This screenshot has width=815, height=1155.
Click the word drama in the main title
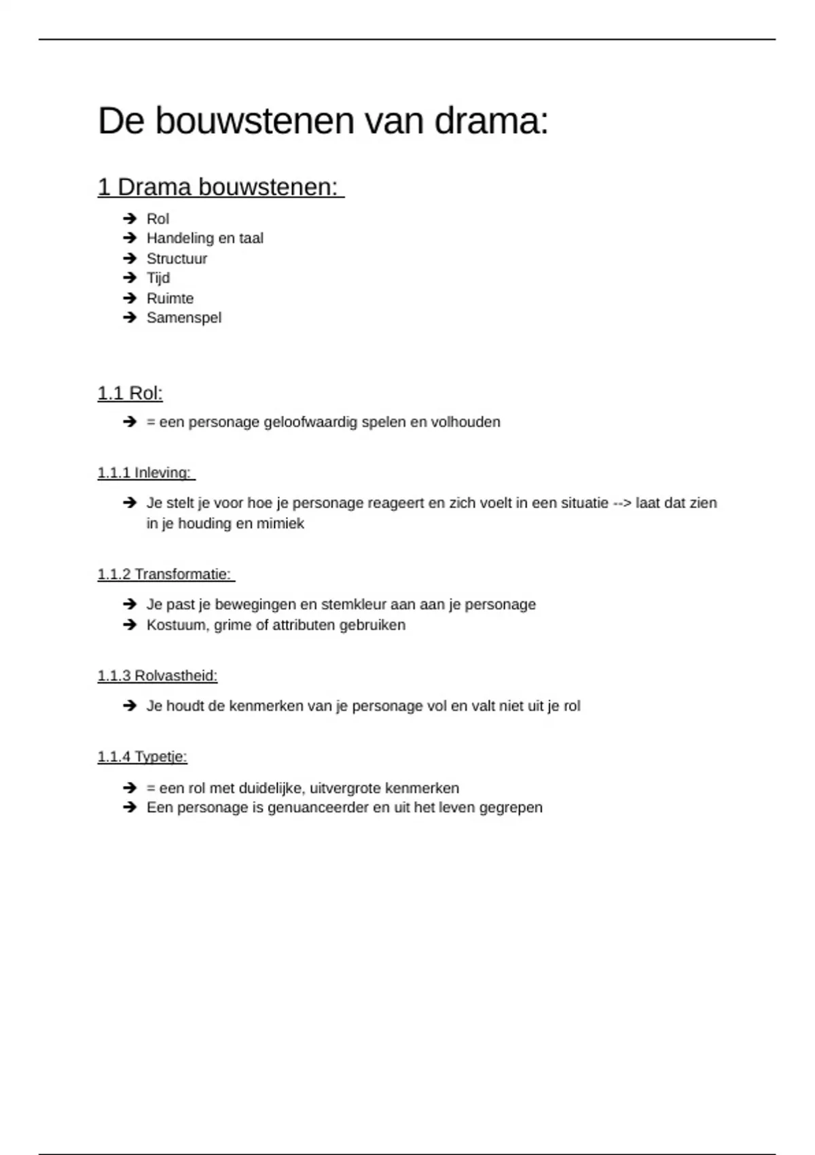pos(490,122)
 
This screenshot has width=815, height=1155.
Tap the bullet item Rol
pos(158,219)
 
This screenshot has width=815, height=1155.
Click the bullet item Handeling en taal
pos(204,238)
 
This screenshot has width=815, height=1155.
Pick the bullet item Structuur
pos(177,259)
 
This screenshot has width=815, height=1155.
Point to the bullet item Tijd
pos(158,279)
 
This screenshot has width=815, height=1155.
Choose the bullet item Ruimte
pos(170,298)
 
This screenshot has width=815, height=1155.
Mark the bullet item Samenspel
pos(183,318)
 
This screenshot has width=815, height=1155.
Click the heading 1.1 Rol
pos(130,393)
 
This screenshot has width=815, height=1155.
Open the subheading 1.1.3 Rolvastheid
pos(157,676)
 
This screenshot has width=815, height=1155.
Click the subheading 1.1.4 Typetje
pos(142,757)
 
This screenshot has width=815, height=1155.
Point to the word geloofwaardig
pos(310,423)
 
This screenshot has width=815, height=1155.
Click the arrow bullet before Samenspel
pos(130,318)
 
